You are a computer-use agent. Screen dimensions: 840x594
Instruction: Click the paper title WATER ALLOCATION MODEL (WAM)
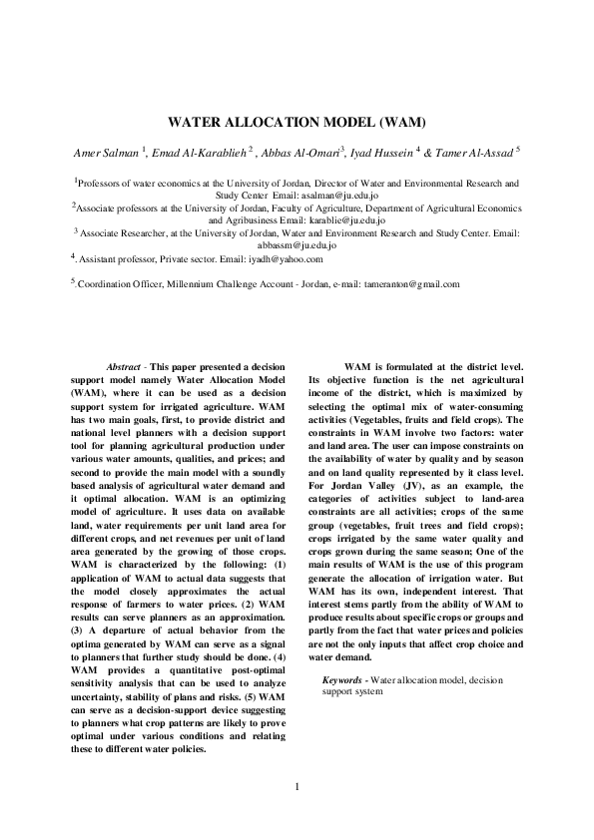pos(297,123)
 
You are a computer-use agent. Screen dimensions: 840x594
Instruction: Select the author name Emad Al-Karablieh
pos(202,152)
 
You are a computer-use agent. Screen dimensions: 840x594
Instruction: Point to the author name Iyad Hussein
pos(384,152)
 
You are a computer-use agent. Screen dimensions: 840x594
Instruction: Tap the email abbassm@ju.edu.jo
pos(297,242)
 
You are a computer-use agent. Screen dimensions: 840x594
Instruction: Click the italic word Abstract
pos(123,367)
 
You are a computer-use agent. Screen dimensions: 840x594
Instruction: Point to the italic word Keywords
pos(342,679)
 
